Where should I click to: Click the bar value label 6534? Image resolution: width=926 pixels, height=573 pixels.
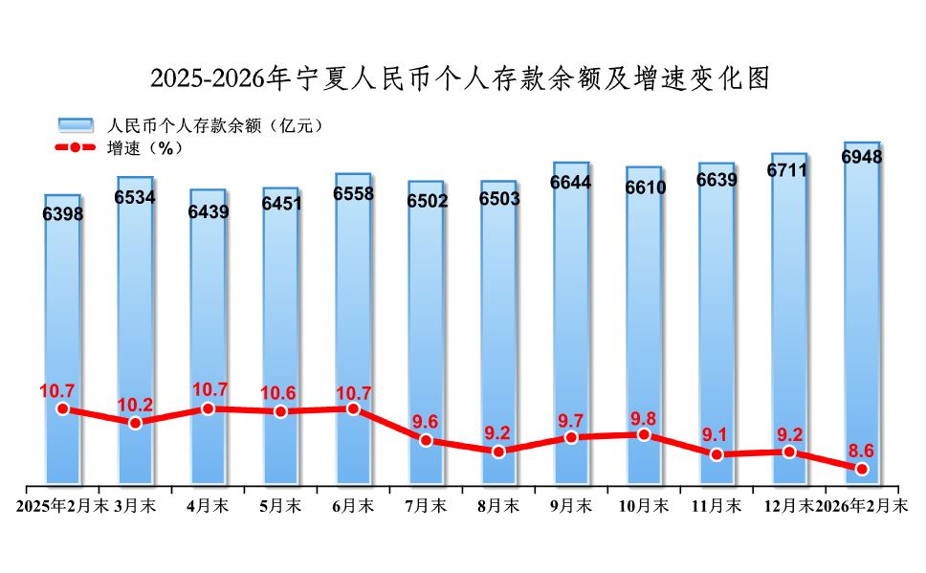(x=136, y=198)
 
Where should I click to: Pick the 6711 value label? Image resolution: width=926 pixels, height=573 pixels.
(x=788, y=171)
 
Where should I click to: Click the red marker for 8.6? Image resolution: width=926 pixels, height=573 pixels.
(x=862, y=469)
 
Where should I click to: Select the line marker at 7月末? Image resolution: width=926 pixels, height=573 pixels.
(x=426, y=440)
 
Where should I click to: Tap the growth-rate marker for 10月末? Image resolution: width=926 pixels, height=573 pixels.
(x=644, y=434)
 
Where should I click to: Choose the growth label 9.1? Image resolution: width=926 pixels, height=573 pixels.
(x=717, y=436)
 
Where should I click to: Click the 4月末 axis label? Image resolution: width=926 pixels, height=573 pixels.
(x=209, y=505)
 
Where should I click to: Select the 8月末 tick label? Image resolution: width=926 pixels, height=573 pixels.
(x=498, y=505)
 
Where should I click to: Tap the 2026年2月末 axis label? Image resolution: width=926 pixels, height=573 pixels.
(x=863, y=505)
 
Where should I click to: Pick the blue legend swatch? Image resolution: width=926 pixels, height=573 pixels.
(x=76, y=125)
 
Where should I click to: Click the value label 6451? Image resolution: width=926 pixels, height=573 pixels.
(x=281, y=204)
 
